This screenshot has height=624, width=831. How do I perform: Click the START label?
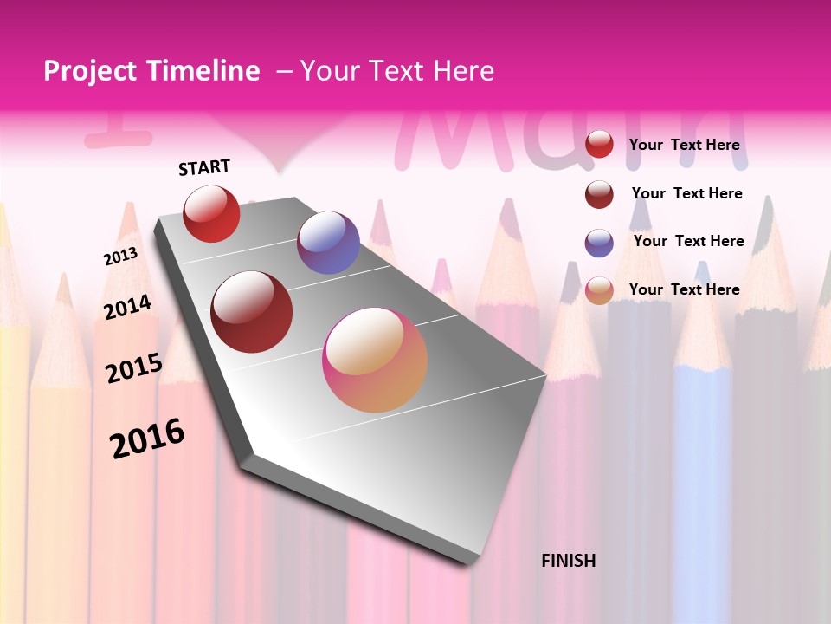click(x=204, y=167)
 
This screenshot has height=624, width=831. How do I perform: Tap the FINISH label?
click(x=568, y=561)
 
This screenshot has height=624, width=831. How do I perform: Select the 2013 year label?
click(x=120, y=257)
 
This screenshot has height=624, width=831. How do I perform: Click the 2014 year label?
click(x=127, y=308)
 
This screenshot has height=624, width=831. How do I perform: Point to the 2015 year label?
click(x=133, y=368)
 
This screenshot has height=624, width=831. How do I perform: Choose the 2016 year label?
click(x=147, y=439)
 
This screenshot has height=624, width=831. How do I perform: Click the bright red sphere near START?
click(x=211, y=214)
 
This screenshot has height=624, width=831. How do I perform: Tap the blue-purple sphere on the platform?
click(x=328, y=243)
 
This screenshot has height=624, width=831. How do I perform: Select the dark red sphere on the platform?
click(x=252, y=312)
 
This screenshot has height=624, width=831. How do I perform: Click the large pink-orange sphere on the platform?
click(x=375, y=360)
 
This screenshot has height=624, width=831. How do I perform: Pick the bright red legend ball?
click(x=599, y=145)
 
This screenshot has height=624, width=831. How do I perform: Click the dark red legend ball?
click(x=599, y=194)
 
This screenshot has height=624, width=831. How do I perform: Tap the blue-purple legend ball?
click(x=599, y=243)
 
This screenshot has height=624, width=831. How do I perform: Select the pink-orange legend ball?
click(x=599, y=290)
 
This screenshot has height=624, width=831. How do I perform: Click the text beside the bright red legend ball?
click(x=684, y=145)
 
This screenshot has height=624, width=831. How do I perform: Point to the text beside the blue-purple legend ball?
click(x=688, y=241)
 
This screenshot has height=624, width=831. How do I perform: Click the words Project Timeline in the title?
click(x=151, y=71)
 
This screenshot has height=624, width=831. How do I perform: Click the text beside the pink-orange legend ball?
click(x=684, y=289)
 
